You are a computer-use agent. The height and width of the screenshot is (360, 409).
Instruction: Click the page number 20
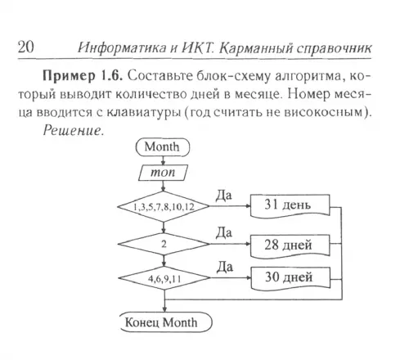[26, 47]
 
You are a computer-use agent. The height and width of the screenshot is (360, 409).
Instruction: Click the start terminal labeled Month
[163, 147]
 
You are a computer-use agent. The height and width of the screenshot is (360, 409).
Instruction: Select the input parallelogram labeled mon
[163, 173]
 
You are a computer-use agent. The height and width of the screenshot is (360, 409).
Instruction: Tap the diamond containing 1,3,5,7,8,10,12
[164, 206]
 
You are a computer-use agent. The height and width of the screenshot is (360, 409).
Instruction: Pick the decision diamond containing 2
[164, 244]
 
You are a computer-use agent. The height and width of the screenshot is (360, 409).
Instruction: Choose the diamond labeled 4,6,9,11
[164, 278]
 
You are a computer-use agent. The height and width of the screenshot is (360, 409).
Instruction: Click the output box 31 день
[290, 205]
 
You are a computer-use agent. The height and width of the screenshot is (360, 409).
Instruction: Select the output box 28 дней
[290, 245]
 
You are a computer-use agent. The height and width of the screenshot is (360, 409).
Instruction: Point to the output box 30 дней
[290, 278]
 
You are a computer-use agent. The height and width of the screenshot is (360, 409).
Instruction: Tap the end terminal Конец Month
[166, 322]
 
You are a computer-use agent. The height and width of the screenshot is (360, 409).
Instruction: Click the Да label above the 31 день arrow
[224, 196]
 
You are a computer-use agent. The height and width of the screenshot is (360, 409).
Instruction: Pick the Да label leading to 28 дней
[224, 232]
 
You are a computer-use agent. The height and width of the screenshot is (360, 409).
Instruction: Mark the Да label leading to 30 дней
[225, 267]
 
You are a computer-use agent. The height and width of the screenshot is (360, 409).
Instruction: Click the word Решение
[74, 131]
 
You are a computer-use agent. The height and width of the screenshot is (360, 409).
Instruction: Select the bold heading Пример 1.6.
[82, 76]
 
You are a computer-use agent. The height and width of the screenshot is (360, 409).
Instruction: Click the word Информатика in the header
[122, 48]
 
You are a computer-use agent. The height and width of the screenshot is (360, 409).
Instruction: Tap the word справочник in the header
[334, 49]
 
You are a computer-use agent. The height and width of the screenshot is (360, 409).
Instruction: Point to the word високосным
[324, 112]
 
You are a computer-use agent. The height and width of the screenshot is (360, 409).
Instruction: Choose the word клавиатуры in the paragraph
[144, 113]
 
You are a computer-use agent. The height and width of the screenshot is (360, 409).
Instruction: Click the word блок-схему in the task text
[234, 76]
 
